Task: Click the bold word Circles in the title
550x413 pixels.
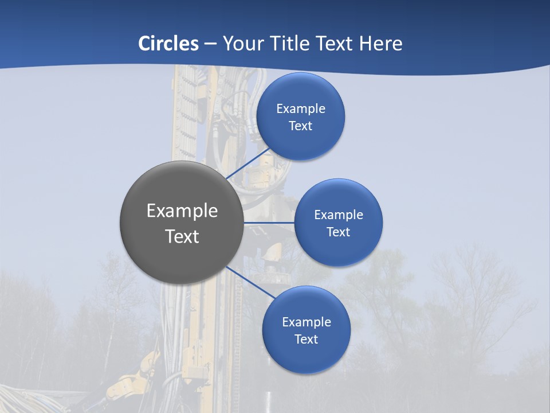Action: (168, 44)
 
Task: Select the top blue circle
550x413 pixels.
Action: (300, 141)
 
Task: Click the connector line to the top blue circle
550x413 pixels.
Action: (249, 163)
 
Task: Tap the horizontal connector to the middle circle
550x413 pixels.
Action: (269, 223)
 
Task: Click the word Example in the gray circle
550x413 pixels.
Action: (182, 211)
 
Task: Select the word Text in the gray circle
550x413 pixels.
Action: (182, 236)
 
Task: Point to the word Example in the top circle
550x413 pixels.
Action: (301, 109)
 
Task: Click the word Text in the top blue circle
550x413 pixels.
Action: (300, 126)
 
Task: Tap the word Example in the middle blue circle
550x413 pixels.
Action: (339, 215)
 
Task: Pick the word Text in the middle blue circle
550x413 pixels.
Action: (338, 232)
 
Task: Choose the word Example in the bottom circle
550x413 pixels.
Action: (307, 322)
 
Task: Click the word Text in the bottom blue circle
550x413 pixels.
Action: (306, 340)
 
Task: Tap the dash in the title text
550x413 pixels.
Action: (210, 44)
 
